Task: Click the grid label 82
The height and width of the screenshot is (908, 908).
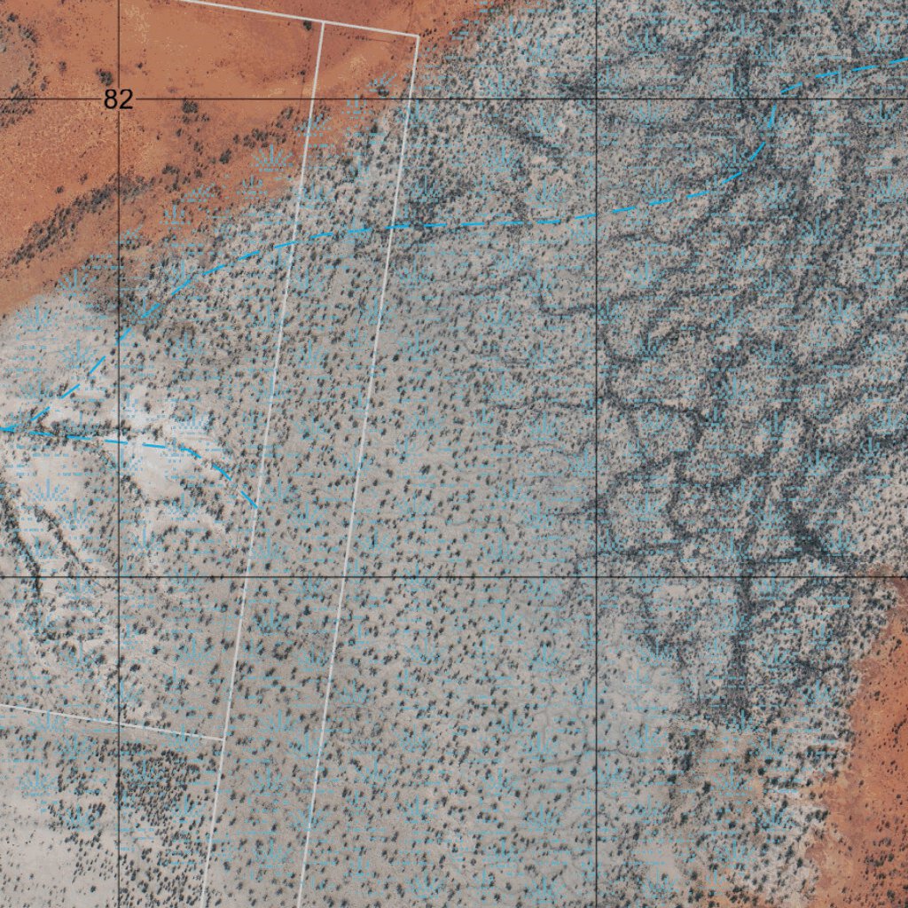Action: click(118, 99)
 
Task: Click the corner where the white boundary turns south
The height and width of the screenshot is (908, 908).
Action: click(417, 36)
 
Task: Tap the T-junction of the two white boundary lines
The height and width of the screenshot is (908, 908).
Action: click(323, 22)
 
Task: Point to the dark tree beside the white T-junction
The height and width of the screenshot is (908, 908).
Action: click(307, 24)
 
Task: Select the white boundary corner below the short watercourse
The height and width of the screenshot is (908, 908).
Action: click(223, 738)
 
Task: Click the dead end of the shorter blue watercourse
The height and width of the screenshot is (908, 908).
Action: click(257, 508)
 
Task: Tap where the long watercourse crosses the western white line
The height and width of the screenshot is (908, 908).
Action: click(297, 240)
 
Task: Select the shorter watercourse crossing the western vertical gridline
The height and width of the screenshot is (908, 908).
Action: click(119, 438)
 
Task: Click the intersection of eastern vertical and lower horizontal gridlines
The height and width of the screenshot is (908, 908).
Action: click(596, 576)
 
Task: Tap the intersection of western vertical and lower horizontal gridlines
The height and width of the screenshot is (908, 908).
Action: click(119, 576)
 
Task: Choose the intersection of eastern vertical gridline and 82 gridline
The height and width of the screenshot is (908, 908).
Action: click(596, 99)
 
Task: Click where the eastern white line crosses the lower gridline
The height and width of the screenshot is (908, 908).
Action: click(343, 576)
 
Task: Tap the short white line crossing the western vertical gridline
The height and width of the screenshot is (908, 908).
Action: click(119, 722)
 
